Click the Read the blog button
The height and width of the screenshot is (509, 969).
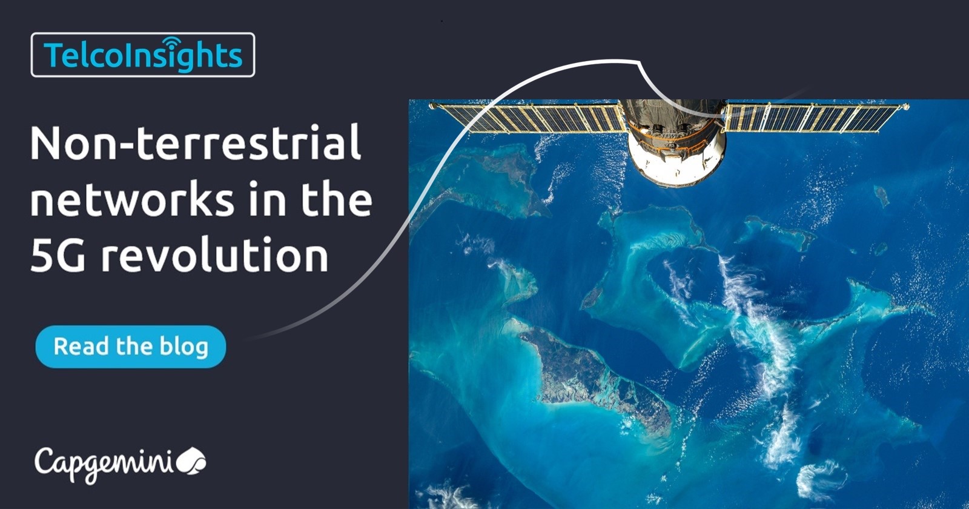click(x=130, y=347)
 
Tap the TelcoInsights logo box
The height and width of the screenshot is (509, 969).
click(x=142, y=55)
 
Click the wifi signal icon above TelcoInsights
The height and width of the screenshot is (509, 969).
click(x=171, y=42)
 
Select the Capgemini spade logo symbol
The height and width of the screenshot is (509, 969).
click(x=192, y=462)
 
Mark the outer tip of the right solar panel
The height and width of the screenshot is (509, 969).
click(x=906, y=107)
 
